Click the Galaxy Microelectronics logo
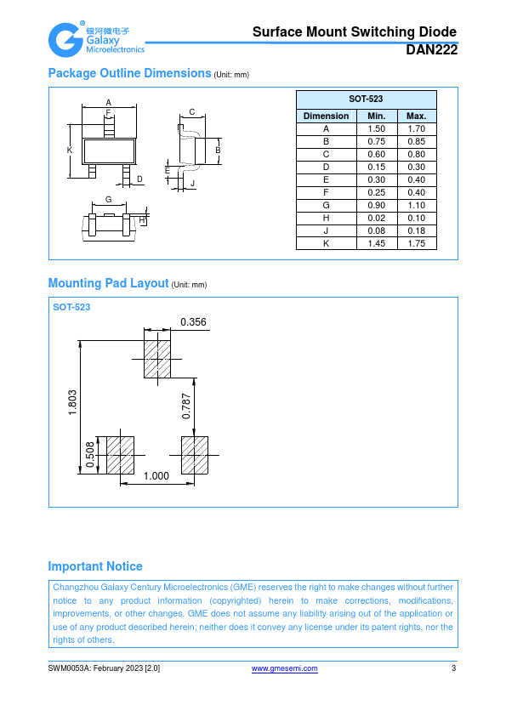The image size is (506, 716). pyautogui.click(x=96, y=39)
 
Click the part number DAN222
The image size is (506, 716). pyautogui.click(x=431, y=50)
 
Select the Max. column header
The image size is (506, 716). pyautogui.click(x=417, y=116)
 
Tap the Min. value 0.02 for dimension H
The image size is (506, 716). pyautogui.click(x=376, y=219)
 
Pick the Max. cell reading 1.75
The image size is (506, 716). pyautogui.click(x=417, y=244)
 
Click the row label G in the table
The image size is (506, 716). pyautogui.click(x=326, y=206)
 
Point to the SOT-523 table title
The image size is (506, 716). pyautogui.click(x=366, y=99)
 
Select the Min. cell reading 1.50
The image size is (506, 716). pyautogui.click(x=376, y=128)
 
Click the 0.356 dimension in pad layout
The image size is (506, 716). pyautogui.click(x=193, y=322)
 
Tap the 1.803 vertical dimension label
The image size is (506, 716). pyautogui.click(x=72, y=403)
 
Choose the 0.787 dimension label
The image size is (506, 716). pyautogui.click(x=186, y=406)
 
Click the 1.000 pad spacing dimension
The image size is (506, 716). pyautogui.click(x=156, y=476)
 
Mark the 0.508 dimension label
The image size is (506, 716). pyautogui.click(x=90, y=455)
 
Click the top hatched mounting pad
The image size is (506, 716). pyautogui.click(x=157, y=360)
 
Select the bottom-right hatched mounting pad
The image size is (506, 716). pyautogui.click(x=195, y=455)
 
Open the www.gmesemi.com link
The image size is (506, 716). pyautogui.click(x=285, y=668)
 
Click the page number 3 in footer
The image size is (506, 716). pyautogui.click(x=453, y=668)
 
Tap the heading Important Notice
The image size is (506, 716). pyautogui.click(x=95, y=566)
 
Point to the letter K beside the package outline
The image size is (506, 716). pyautogui.click(x=70, y=150)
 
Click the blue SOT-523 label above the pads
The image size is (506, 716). pyautogui.click(x=71, y=307)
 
